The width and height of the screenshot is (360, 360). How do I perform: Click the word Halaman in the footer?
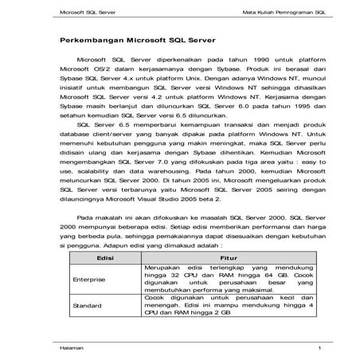pos(73,348)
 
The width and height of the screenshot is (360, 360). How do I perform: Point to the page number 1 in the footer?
pos(296,348)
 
